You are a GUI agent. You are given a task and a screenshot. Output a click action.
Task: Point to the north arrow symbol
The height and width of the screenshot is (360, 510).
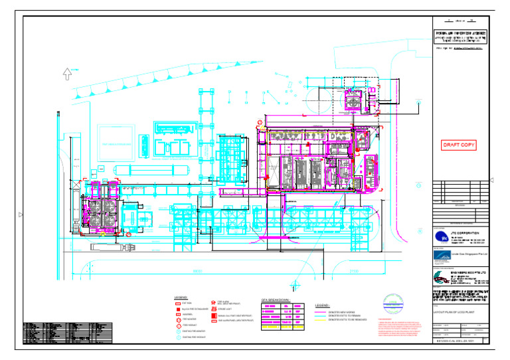point(67,73)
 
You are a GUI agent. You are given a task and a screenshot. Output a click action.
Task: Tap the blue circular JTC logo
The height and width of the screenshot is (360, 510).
point(441,237)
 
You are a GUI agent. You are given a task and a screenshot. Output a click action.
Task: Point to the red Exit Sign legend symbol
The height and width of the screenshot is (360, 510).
point(178,303)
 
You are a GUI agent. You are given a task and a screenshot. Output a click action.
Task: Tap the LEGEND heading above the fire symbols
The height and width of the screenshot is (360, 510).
point(181,297)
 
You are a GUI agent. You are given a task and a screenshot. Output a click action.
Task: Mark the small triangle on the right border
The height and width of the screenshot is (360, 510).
point(491,180)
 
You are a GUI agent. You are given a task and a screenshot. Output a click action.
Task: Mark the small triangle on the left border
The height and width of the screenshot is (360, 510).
point(21,214)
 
